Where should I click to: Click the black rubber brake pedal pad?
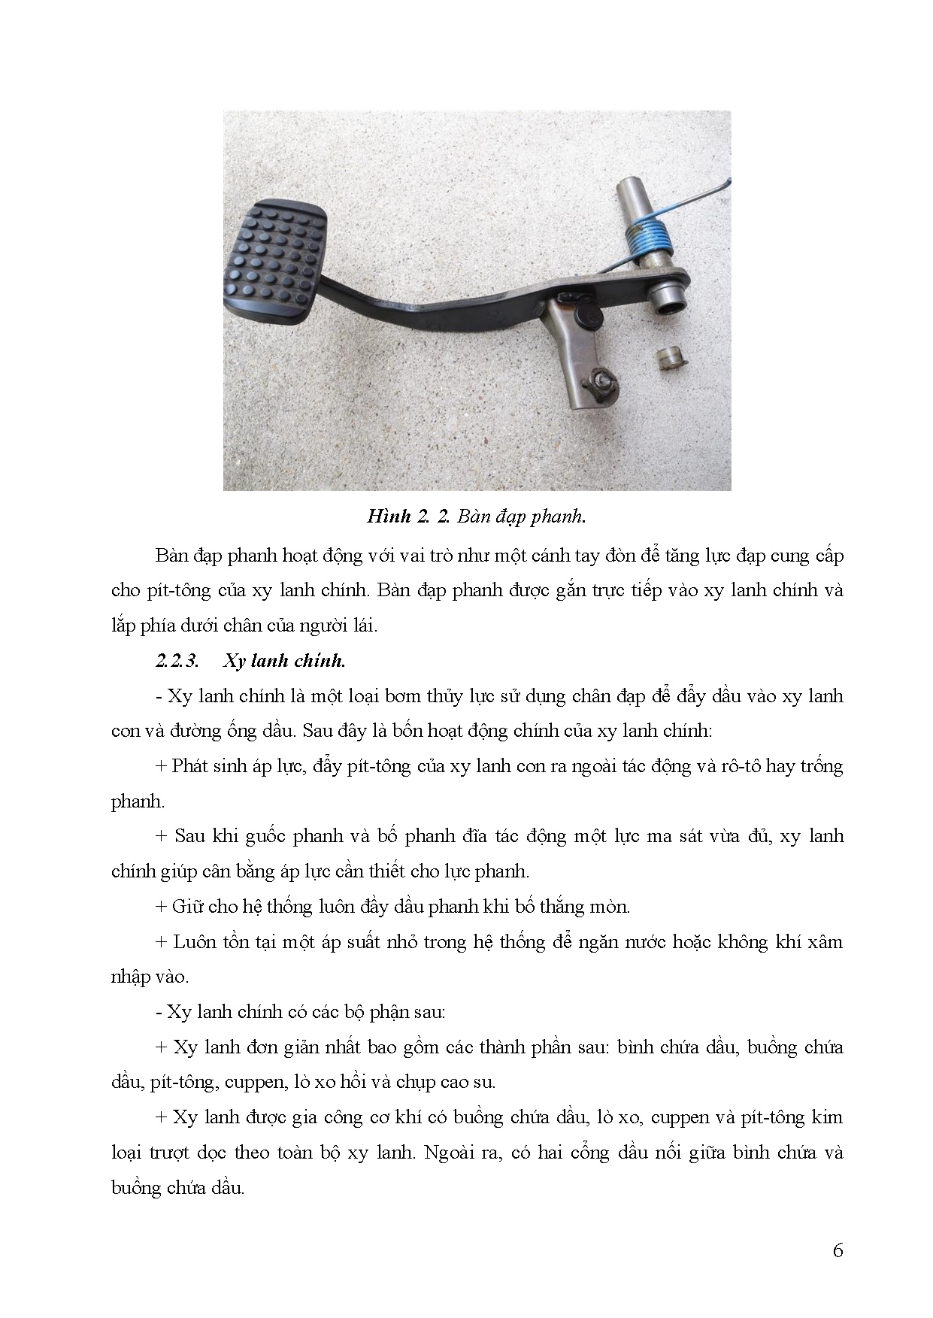pyautogui.click(x=275, y=260)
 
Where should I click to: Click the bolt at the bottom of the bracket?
pyautogui.click(x=601, y=380)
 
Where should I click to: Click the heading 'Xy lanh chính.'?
pyautogui.click(x=284, y=661)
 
